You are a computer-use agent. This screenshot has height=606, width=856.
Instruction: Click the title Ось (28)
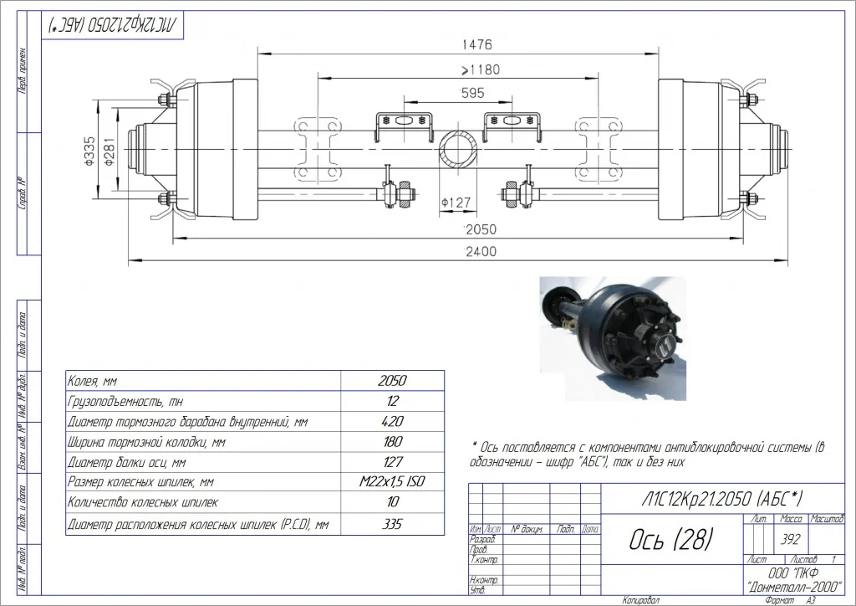(670, 540)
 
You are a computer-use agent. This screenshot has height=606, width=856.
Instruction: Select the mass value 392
(788, 540)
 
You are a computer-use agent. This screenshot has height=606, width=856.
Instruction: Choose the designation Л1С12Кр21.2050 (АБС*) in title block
(713, 499)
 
